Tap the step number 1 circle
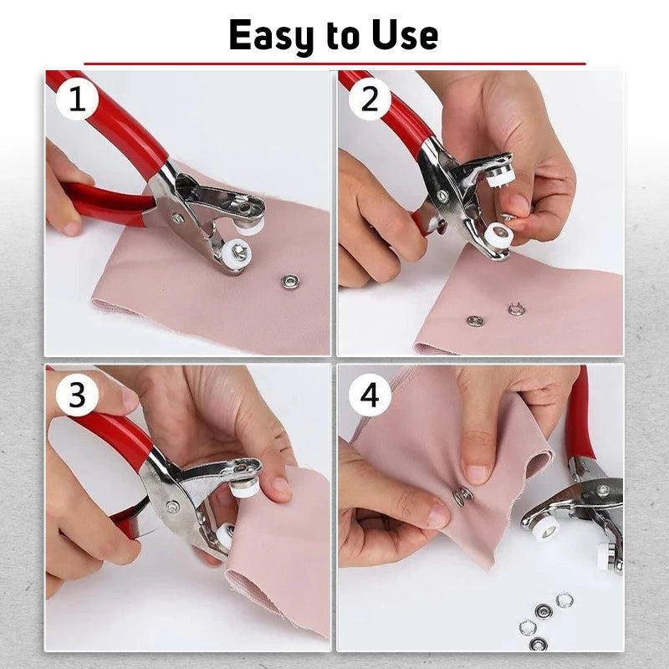point(77,101)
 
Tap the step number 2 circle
point(370,101)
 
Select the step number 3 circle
point(77,395)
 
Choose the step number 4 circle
point(370,395)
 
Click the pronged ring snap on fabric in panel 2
point(516,309)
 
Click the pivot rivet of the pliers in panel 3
point(172,505)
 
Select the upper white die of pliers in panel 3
point(244,488)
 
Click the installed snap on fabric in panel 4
point(462,496)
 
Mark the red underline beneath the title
point(334,64)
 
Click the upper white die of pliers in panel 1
point(250,224)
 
